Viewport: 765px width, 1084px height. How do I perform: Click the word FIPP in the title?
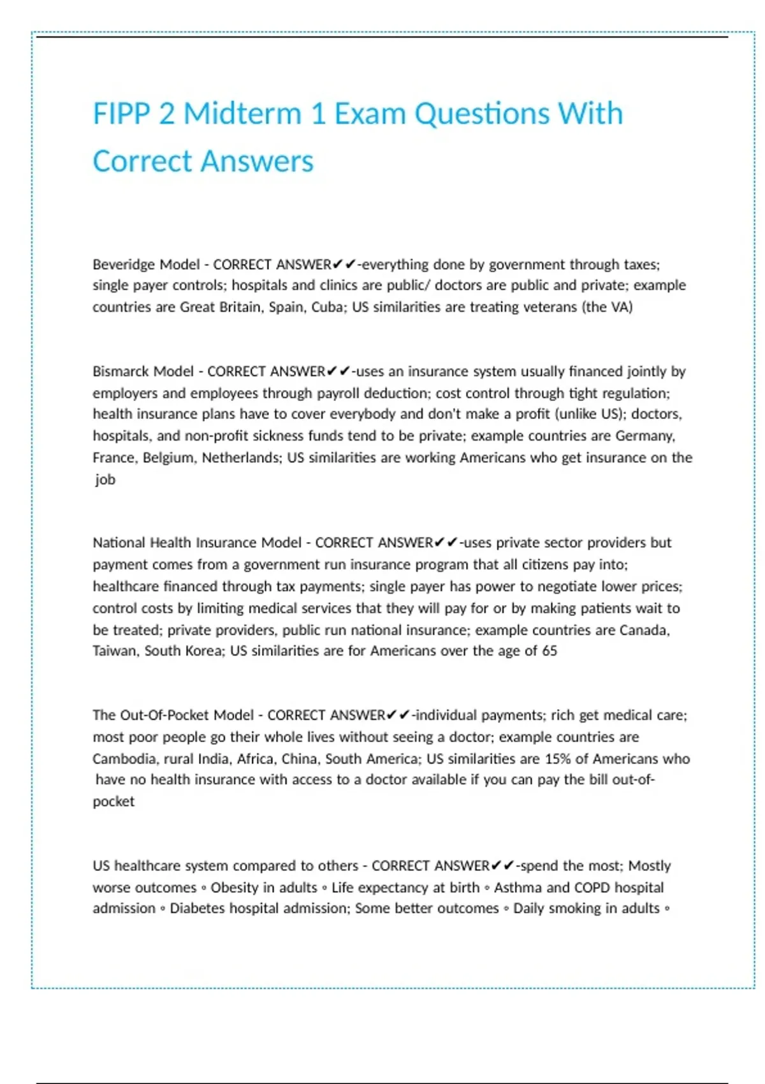pos(121,114)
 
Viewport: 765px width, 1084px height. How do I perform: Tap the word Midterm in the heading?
pos(242,114)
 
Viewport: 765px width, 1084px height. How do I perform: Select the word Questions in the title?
pos(482,114)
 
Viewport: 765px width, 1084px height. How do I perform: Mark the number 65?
pos(550,651)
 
